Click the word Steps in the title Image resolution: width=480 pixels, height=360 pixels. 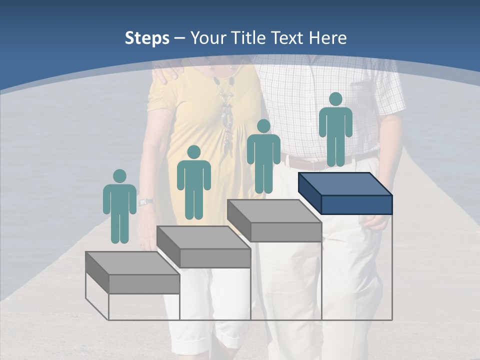click(147, 38)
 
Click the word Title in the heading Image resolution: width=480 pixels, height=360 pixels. click(248, 38)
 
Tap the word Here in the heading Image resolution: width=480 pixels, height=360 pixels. click(327, 38)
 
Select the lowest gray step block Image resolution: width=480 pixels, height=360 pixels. click(132, 273)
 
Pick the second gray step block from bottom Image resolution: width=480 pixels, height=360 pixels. click(204, 247)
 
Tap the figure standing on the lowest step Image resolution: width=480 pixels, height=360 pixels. click(119, 208)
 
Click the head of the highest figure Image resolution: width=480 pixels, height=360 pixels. click(335, 99)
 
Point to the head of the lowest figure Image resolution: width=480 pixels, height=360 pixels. click(119, 176)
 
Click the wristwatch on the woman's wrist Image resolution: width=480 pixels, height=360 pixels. click(146, 202)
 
